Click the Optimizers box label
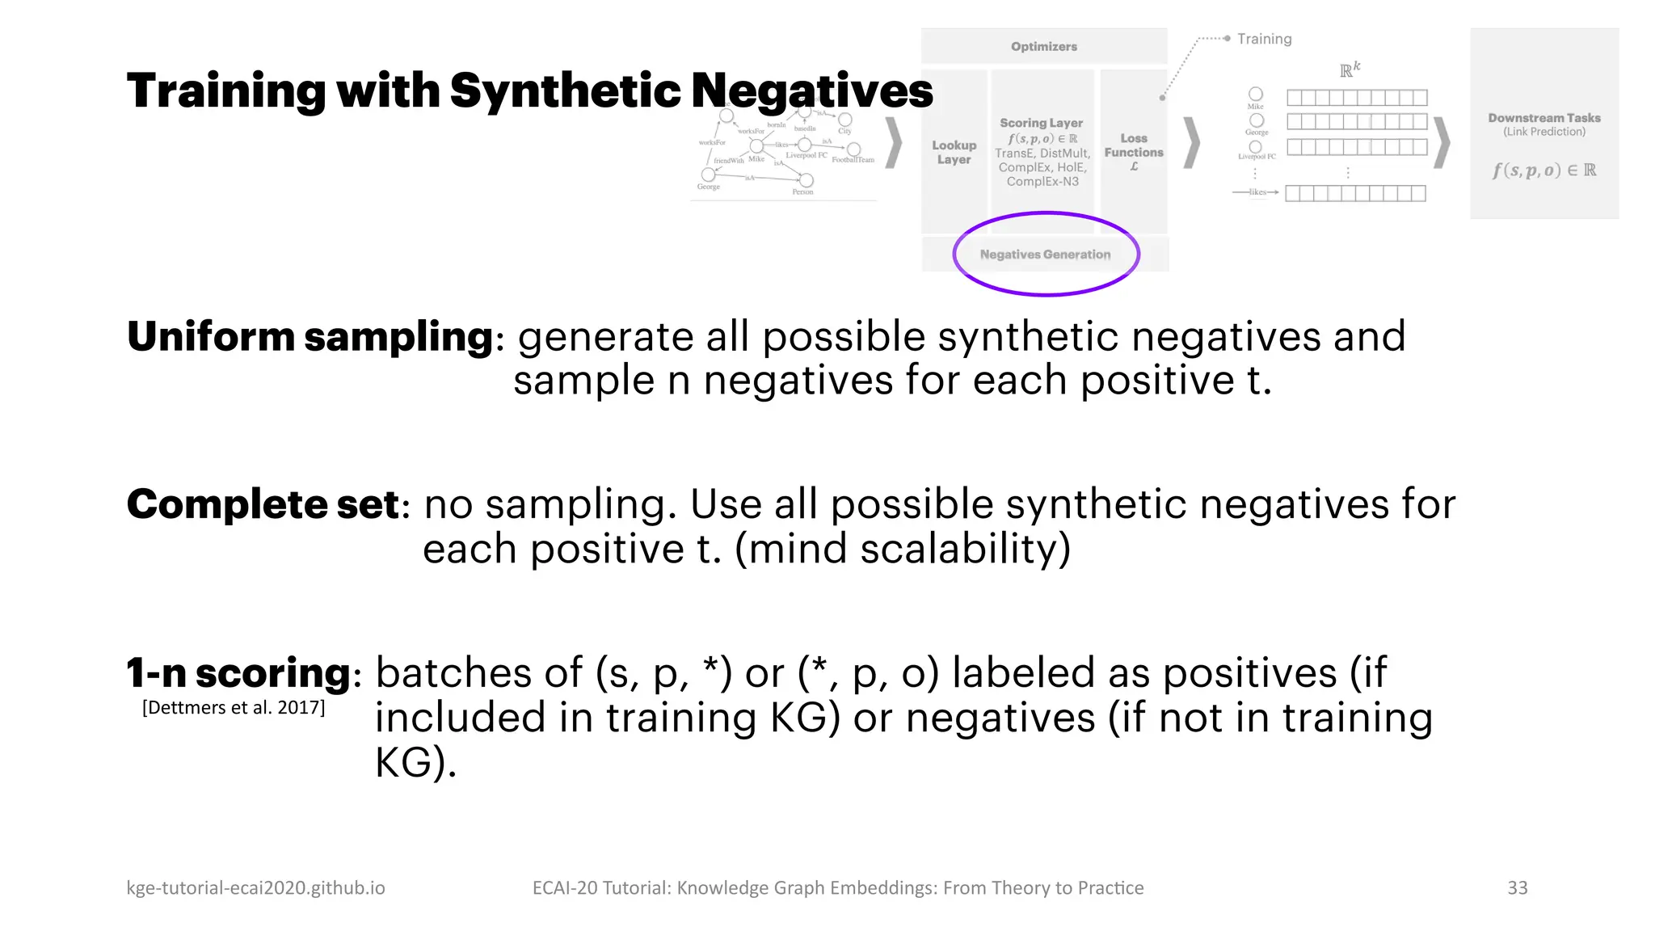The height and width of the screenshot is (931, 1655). coord(1043,47)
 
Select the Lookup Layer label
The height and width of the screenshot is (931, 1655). coord(954,152)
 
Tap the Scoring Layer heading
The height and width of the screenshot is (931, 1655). coord(1041,123)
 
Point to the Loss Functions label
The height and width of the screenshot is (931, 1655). coord(1134,146)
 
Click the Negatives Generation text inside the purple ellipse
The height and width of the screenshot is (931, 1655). coord(1045,255)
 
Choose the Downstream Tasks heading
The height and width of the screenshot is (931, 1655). coord(1543,118)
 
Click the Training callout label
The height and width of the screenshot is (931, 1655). coord(1264,39)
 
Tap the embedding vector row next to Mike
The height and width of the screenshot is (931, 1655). coord(1357,98)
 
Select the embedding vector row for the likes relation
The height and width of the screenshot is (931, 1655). coord(1355,193)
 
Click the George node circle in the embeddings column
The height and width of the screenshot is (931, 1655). coord(1257,120)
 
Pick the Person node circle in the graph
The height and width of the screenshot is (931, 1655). coord(806,180)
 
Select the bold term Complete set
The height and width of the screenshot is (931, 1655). coord(263,504)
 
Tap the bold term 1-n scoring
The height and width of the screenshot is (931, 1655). coord(239,672)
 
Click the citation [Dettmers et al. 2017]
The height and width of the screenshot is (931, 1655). coord(234,708)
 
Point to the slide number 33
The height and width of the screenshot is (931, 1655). coord(1517,887)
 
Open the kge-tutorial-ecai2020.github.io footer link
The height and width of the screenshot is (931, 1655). coord(255,887)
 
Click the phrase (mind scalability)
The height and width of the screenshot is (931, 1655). coord(903,550)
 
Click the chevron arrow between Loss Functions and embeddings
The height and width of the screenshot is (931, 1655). coord(1191,143)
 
